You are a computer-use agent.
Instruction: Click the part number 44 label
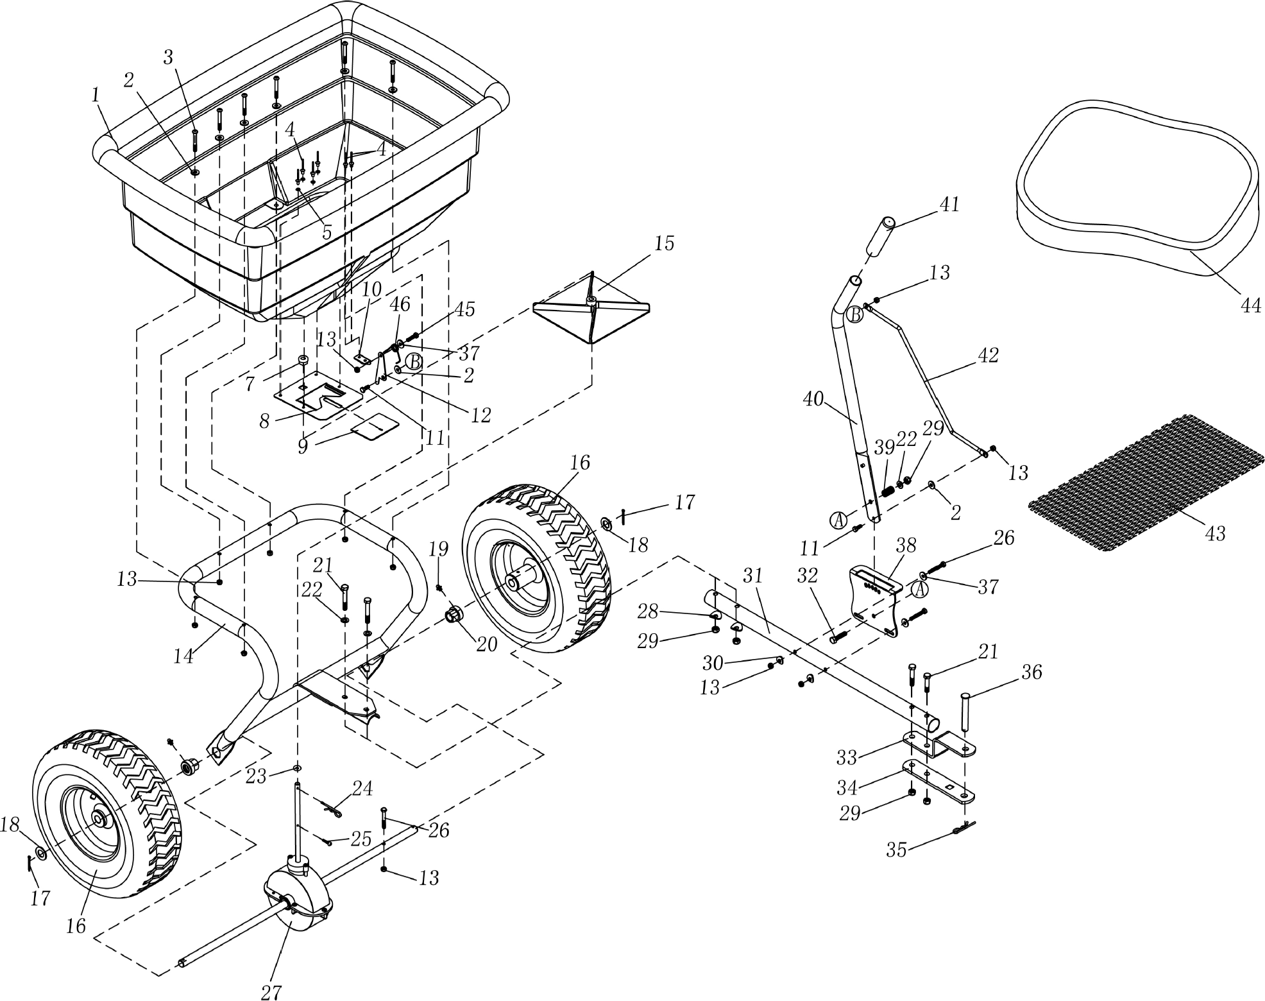tap(1250, 305)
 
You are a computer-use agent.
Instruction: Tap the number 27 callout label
tap(271, 991)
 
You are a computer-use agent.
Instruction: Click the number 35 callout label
tap(896, 850)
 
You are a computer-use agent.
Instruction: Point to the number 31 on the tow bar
tap(753, 576)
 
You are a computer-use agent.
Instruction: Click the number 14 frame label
tap(183, 656)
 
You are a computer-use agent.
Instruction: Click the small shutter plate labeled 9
tap(374, 425)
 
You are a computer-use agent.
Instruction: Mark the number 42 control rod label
tap(988, 355)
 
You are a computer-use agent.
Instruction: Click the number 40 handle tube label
tap(813, 398)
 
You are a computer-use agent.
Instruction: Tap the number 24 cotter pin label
tap(362, 788)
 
